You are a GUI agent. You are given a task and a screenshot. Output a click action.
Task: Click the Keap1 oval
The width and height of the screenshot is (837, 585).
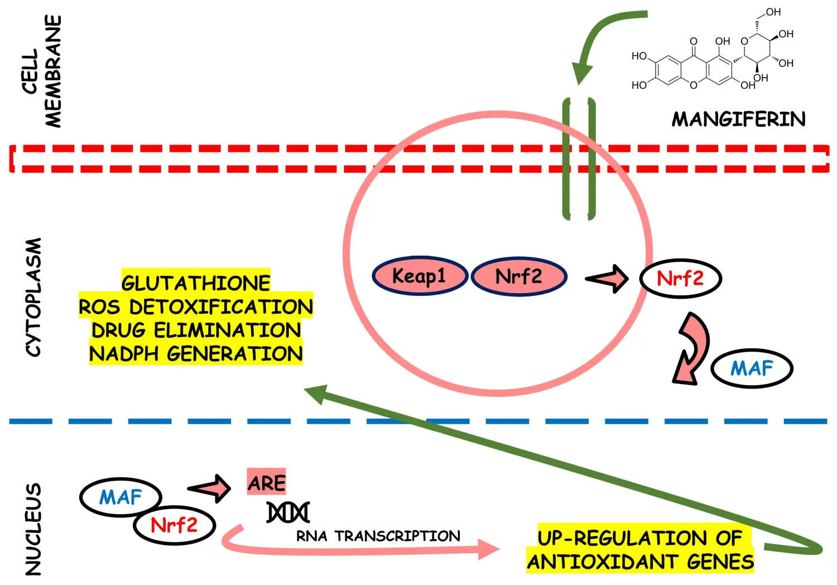[419, 276]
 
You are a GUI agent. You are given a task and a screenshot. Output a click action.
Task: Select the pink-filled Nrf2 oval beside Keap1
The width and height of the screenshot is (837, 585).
[519, 276]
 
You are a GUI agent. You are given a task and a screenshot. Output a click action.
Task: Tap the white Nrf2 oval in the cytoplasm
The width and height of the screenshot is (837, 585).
[680, 278]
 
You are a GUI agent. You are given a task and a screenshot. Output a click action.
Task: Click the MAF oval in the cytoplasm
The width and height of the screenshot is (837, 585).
[752, 368]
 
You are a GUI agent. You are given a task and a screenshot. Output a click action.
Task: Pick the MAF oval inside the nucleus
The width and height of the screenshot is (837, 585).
[121, 496]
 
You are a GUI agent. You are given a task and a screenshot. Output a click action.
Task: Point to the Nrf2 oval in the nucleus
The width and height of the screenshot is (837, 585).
[174, 525]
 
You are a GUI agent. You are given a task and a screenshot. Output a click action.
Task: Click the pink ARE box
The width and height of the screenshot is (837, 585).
[267, 482]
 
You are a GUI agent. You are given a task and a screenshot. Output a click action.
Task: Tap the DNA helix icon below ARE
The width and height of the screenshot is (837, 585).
[288, 512]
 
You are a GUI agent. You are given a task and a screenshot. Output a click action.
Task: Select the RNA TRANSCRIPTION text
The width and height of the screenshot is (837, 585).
[378, 536]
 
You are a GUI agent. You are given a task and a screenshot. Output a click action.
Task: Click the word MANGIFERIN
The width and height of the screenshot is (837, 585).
[738, 119]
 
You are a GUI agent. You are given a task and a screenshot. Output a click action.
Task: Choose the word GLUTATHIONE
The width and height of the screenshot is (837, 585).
[196, 282]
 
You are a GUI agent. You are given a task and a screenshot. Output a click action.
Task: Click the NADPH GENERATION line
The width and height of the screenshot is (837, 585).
[196, 353]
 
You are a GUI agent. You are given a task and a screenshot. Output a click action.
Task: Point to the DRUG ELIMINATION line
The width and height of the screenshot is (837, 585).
[196, 330]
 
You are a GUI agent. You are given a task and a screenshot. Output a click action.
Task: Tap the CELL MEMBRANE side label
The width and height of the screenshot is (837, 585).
[42, 71]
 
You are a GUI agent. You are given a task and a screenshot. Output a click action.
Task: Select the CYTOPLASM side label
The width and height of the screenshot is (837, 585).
[34, 297]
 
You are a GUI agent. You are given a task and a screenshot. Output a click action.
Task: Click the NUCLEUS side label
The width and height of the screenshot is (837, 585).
[34, 529]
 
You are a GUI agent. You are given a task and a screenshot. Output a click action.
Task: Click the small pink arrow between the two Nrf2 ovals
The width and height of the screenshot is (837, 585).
[607, 277]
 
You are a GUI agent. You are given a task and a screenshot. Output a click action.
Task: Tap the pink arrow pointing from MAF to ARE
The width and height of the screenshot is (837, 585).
[210, 488]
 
